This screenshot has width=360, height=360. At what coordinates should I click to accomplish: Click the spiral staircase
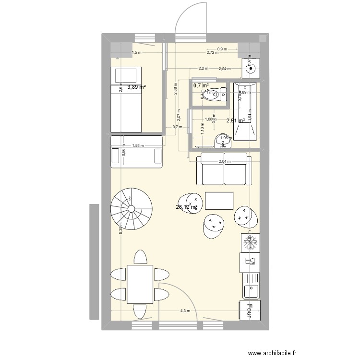point(128,208)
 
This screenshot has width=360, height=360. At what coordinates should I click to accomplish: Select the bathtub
point(245,111)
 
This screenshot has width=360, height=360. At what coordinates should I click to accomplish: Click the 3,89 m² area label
point(136,87)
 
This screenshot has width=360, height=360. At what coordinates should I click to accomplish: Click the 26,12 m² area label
point(187,207)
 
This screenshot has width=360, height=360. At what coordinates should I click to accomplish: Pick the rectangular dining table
point(139,285)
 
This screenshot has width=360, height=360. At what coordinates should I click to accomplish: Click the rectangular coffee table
point(219,201)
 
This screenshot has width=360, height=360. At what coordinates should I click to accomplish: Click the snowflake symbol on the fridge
point(250,243)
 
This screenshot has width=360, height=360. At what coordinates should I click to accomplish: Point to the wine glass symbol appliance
point(250,262)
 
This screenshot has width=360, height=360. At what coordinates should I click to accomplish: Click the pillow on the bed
point(126,75)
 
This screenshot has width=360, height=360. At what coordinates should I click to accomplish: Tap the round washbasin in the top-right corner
point(250,69)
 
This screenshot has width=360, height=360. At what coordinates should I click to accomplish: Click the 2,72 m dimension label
point(213,52)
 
